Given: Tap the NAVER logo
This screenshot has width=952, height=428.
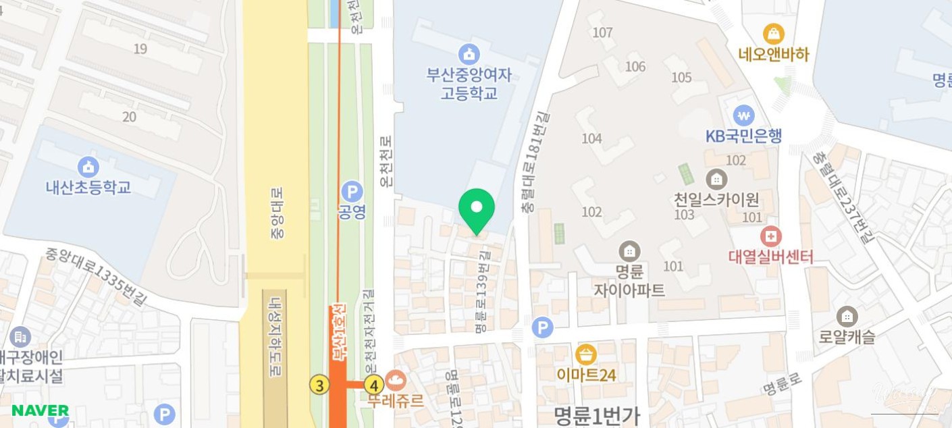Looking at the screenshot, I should pos(40,410).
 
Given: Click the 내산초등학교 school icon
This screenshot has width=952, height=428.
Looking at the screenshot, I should pos(88,166).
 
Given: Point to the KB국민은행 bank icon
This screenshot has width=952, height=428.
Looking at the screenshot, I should pos(744,115).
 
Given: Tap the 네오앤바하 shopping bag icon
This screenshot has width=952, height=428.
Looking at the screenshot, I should pos(773,33).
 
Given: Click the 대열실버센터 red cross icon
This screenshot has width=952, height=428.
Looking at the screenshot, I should pos(770,236).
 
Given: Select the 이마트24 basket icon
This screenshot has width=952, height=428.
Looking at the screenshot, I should pos(586,354).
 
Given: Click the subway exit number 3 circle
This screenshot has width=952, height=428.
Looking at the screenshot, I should pos(319,385).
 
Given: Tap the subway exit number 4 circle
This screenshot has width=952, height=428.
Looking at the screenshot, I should pos(373,385).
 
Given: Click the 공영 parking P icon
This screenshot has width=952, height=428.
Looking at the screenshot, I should pos(352,191).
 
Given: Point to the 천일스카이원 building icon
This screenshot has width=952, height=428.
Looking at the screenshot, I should pos(716,179).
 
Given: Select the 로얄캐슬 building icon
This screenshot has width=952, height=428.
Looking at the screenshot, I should pos(846,316).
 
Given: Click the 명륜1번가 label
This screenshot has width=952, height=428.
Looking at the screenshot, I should pos(596,414).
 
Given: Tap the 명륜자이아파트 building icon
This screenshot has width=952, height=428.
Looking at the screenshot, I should pos(629,252).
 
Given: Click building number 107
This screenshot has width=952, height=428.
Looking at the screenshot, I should pos(602,32).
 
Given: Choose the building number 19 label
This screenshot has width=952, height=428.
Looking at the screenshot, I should pos(140,49).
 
